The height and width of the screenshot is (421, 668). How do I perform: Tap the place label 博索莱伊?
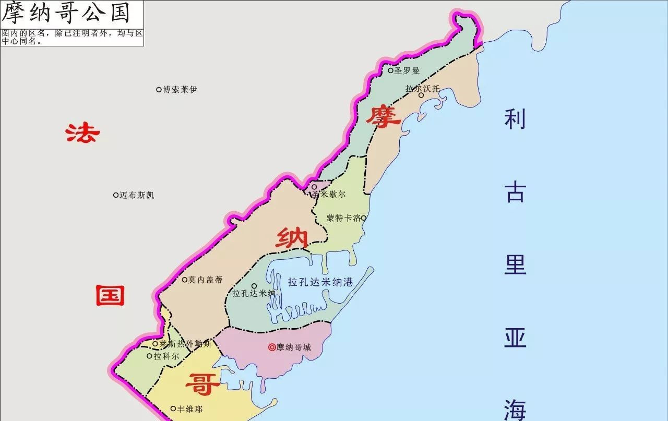[x=180, y=90]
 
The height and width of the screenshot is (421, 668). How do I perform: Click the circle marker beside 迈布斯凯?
[x=116, y=195]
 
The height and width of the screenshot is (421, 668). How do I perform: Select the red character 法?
[x=82, y=133]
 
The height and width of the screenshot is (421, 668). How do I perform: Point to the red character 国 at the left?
[x=110, y=296]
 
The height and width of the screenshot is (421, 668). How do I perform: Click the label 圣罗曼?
[x=407, y=70]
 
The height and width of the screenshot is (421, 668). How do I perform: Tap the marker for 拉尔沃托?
[x=421, y=95]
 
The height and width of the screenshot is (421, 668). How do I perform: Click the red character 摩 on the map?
[x=383, y=117]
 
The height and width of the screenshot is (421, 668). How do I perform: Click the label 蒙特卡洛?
[x=343, y=218]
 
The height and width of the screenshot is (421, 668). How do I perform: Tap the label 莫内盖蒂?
[x=206, y=280]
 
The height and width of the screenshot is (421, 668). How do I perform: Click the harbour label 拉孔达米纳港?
[x=320, y=282]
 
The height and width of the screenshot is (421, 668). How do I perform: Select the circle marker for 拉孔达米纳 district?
[x=254, y=285]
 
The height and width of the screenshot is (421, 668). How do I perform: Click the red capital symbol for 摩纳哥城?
[x=272, y=347]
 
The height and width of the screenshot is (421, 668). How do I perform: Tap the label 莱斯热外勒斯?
[x=186, y=344]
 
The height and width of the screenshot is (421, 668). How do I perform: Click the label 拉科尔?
[x=166, y=356]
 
